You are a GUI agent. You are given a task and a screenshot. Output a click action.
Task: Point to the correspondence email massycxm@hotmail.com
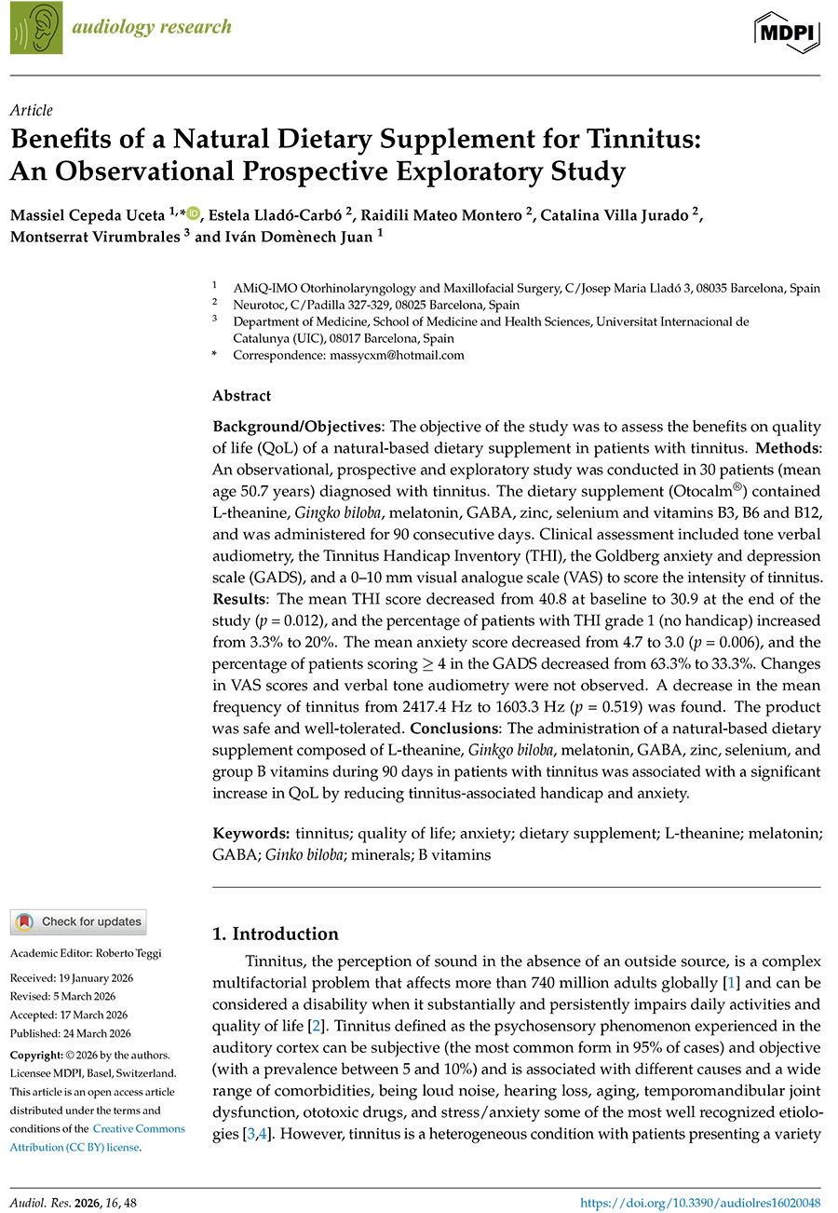click(348, 355)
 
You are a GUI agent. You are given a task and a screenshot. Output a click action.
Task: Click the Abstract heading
click(241, 395)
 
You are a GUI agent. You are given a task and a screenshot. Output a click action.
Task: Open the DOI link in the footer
click(700, 1204)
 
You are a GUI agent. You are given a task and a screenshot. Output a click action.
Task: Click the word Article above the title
click(32, 110)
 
